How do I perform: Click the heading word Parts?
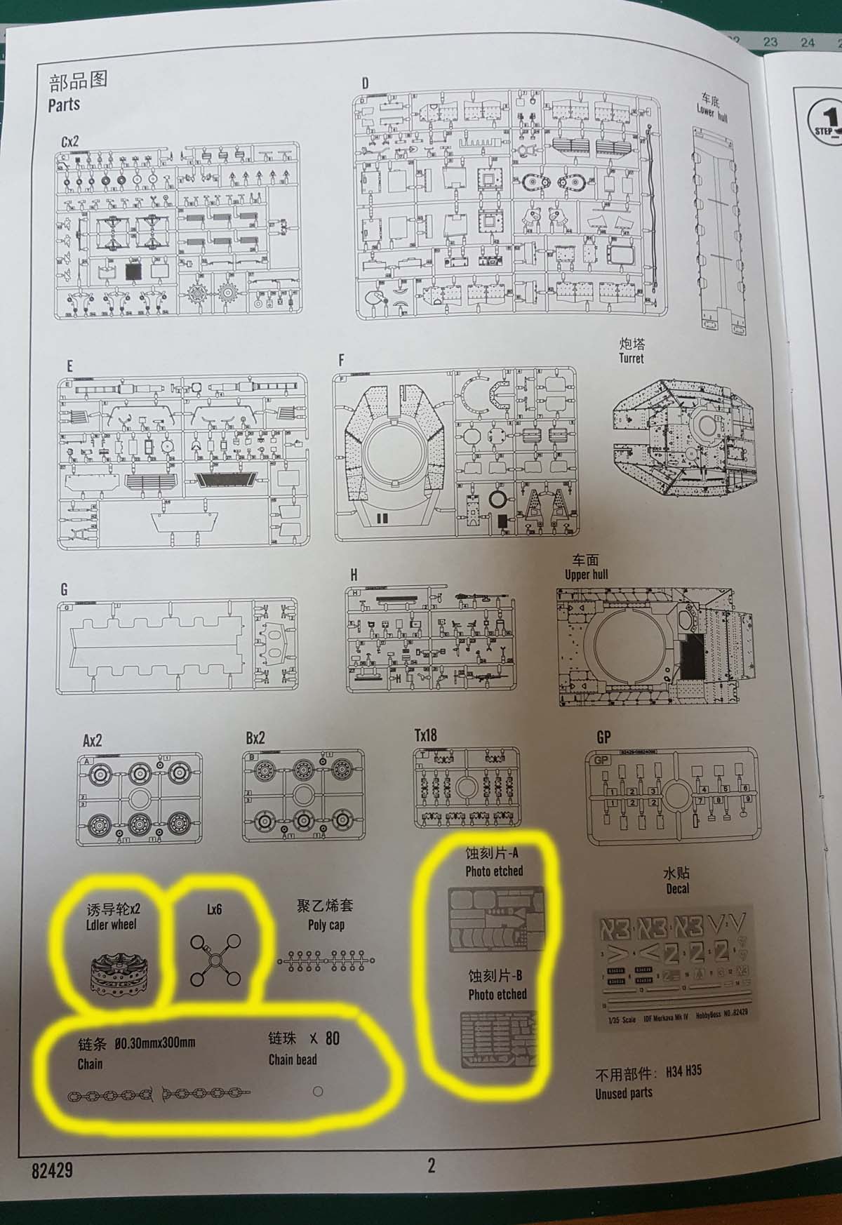pyautogui.click(x=64, y=105)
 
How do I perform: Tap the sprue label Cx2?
pyautogui.click(x=70, y=141)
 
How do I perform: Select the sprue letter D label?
pyautogui.click(x=365, y=83)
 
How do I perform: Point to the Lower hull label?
pyautogui.click(x=712, y=112)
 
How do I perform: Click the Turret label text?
pyautogui.click(x=631, y=358)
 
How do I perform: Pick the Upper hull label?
pyautogui.click(x=586, y=575)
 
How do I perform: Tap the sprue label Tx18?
pyautogui.click(x=425, y=735)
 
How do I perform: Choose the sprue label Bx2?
pyautogui.click(x=255, y=738)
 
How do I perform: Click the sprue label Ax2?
pyautogui.click(x=93, y=740)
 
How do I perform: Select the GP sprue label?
pyautogui.click(x=603, y=737)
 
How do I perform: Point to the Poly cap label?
pyautogui.click(x=326, y=925)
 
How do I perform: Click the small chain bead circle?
pyautogui.click(x=318, y=1091)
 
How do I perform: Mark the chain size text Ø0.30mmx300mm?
pyautogui.click(x=154, y=1043)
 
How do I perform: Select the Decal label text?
pyautogui.click(x=678, y=888)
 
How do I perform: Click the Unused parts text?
pyautogui.click(x=624, y=1093)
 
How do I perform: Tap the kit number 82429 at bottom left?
pyautogui.click(x=52, y=1170)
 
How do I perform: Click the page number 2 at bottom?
pyautogui.click(x=432, y=1165)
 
